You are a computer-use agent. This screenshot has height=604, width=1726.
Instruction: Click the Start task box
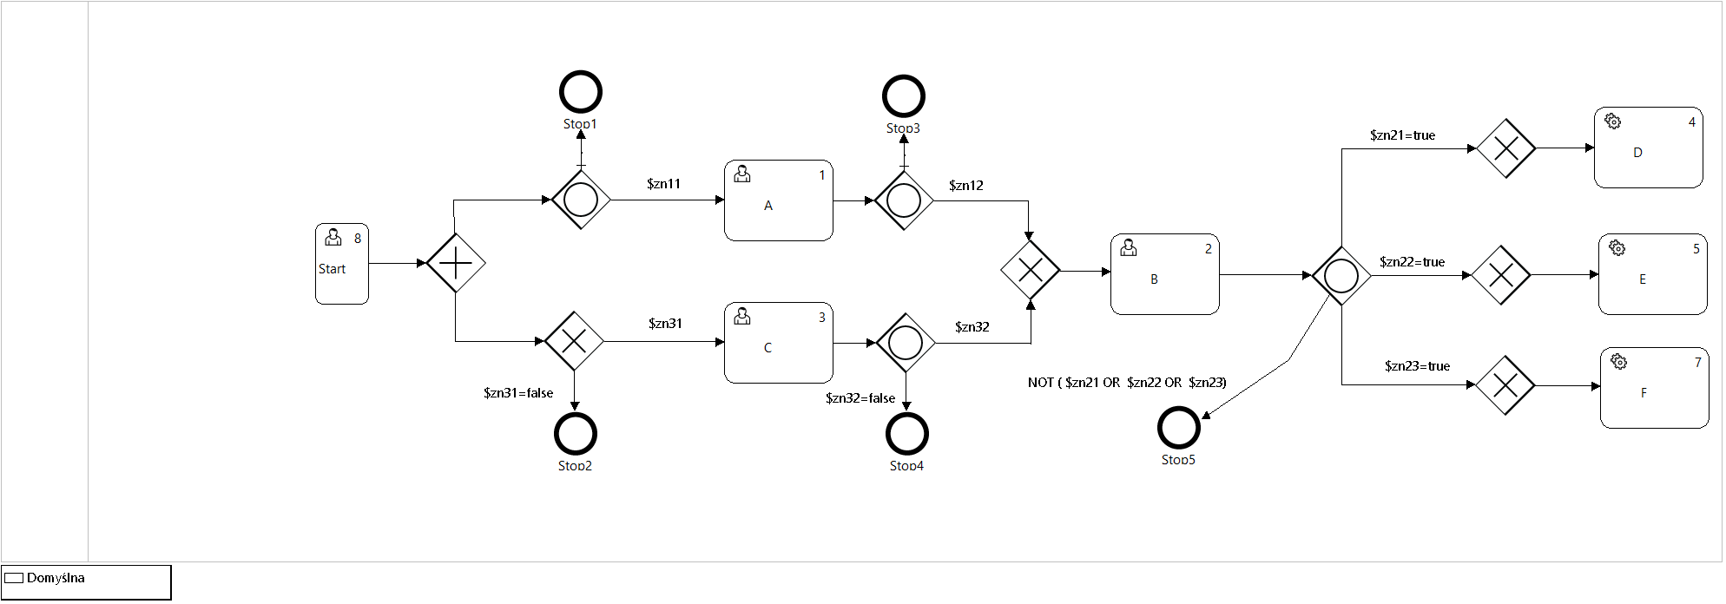[x=341, y=264]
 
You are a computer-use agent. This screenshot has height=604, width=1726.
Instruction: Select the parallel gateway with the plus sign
[x=456, y=263]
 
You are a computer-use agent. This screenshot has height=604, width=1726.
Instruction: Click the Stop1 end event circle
[x=581, y=92]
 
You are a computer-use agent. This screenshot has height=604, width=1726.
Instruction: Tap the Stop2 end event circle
[x=575, y=434]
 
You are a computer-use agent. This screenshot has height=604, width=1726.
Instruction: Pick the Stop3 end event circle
[x=904, y=96]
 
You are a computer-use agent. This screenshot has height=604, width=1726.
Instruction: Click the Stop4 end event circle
[x=907, y=434]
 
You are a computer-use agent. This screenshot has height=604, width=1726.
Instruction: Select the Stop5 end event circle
[x=1179, y=427]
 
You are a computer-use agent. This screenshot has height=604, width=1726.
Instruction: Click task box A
[x=778, y=200]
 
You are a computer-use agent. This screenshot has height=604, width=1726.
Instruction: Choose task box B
[x=1164, y=274]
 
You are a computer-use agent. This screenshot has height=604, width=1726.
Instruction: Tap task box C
[x=778, y=343]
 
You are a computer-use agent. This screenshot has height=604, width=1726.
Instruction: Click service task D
[x=1648, y=148]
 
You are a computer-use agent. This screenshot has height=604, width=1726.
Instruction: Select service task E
[x=1652, y=274]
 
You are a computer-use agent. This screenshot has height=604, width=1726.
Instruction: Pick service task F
[x=1654, y=388]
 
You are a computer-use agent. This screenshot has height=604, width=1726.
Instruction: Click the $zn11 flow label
[x=663, y=184]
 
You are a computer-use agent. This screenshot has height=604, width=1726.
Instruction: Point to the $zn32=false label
[x=860, y=398]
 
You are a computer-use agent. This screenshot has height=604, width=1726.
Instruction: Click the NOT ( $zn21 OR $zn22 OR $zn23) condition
[x=1127, y=383]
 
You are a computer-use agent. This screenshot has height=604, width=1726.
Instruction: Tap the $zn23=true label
[x=1417, y=366]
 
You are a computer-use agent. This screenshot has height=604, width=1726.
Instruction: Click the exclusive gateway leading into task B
[x=1030, y=271]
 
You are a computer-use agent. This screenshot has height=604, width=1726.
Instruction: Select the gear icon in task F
[x=1618, y=361]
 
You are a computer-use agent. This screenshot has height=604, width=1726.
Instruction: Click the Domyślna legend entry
[x=56, y=578]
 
